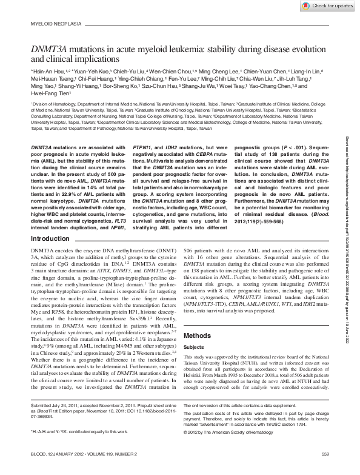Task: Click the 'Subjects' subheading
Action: (194, 348)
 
